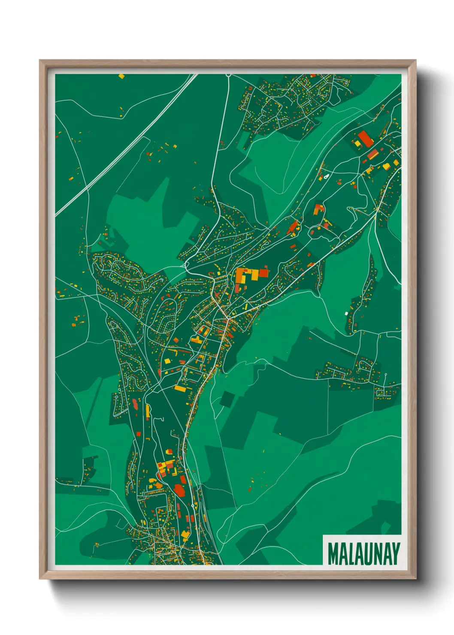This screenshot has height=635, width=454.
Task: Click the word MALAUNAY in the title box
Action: [x=363, y=553]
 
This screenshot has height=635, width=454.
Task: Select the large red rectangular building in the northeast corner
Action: [x=365, y=139]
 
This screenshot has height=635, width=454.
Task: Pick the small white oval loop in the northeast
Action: [x=326, y=175]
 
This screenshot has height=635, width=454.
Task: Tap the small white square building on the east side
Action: [x=346, y=314]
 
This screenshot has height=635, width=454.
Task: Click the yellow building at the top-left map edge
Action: [x=121, y=76]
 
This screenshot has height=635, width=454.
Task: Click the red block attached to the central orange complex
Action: [x=263, y=272]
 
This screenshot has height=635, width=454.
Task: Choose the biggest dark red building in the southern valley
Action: [x=179, y=490]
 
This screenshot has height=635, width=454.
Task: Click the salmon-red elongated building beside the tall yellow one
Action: [x=135, y=404]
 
